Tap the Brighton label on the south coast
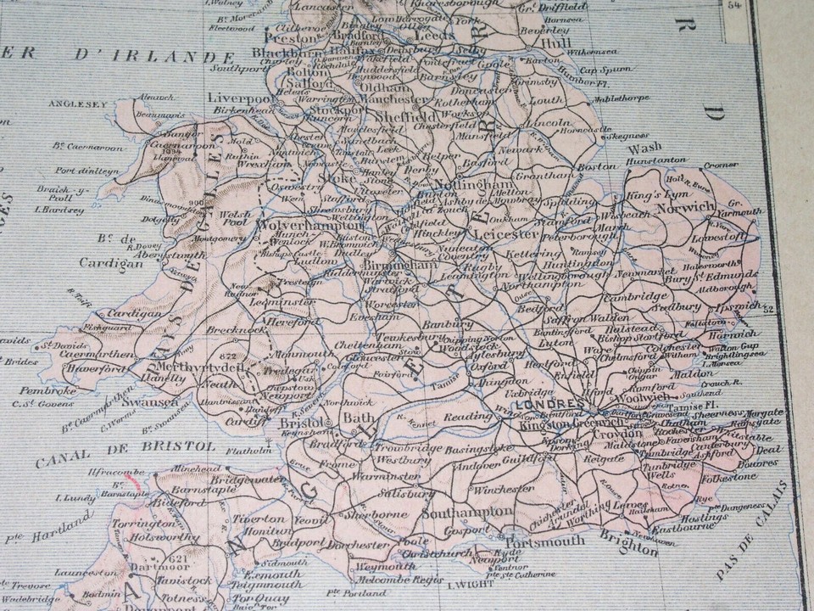[629, 547]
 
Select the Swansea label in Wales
[155, 400]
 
